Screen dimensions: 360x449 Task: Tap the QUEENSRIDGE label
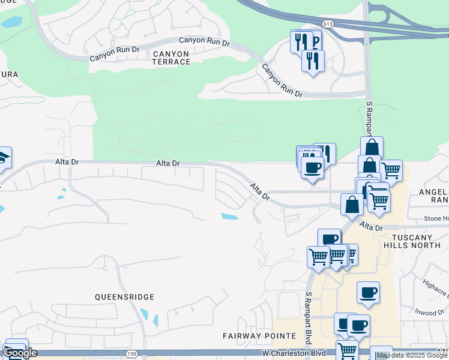point(124,297)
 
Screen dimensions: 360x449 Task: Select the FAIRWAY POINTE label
point(259,335)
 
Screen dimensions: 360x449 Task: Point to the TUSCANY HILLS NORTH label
point(416,241)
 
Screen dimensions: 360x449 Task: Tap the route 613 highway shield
point(327,23)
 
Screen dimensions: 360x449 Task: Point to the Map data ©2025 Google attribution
point(412,355)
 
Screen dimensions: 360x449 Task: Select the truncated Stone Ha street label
point(436,218)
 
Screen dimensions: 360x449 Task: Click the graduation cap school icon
point(3,157)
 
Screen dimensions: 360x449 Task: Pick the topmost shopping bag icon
point(372,147)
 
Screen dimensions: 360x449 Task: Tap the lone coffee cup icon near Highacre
point(368,292)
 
